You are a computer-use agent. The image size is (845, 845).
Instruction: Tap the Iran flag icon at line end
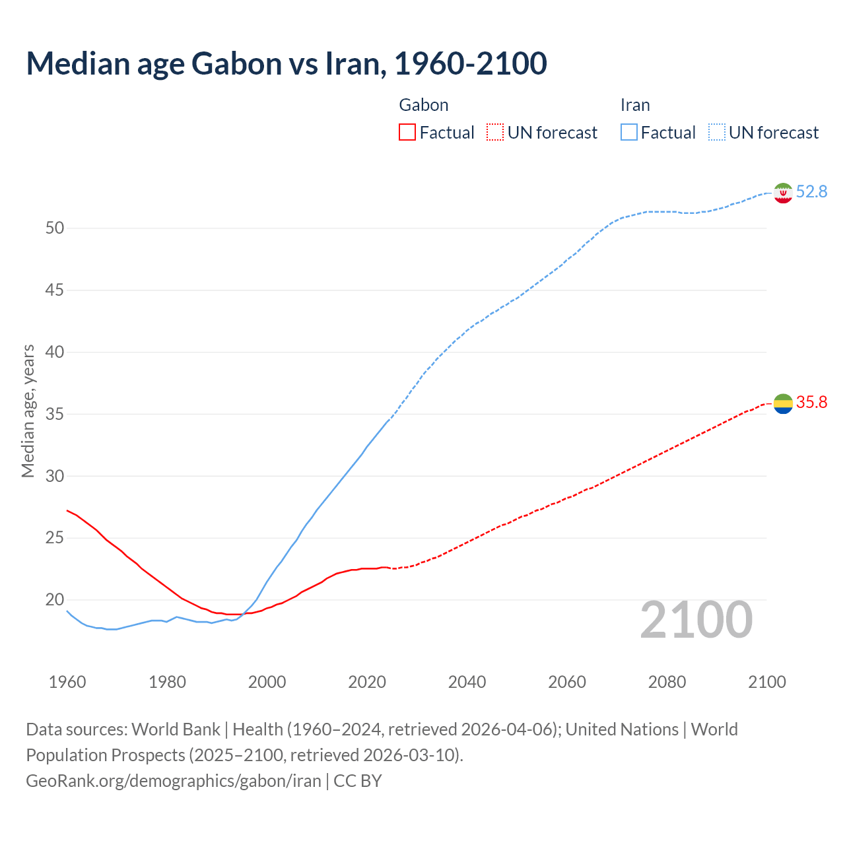783,193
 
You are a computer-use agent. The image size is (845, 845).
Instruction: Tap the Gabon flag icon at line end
783,403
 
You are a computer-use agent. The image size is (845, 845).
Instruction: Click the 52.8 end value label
811,191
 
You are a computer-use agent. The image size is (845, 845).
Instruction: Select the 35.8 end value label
811,402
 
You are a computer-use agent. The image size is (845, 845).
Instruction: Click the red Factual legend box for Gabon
407,133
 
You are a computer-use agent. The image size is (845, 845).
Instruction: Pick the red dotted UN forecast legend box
495,133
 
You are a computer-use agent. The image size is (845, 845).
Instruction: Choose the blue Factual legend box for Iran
629,133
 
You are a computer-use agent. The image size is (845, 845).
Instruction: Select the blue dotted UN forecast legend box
717,133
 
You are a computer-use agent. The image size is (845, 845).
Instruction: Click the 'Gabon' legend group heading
424,105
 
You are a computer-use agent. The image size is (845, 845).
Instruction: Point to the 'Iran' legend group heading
635,105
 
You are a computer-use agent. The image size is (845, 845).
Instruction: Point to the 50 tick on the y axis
55,228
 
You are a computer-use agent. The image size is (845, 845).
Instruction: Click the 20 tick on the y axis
55,600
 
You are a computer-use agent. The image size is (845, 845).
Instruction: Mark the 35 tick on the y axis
55,415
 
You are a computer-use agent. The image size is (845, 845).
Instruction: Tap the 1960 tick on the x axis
67,682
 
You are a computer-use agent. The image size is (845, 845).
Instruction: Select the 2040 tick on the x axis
467,682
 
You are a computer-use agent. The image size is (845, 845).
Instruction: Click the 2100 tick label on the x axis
766,682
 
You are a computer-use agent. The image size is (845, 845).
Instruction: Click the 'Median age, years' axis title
28,411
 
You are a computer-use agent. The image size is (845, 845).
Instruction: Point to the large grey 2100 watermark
696,620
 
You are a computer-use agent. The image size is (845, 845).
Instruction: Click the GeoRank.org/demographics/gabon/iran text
174,781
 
